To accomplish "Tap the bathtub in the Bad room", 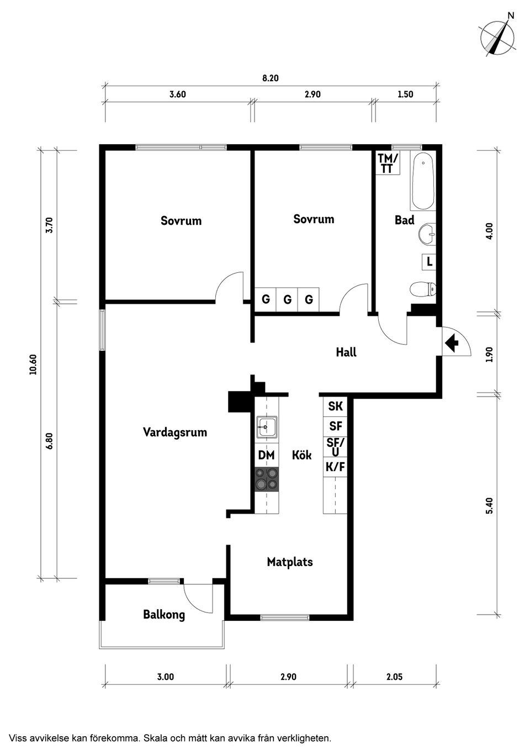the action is (x=423, y=181).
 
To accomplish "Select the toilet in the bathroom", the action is (x=423, y=289).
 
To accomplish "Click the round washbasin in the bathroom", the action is (x=427, y=233).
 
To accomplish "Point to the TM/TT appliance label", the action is (x=388, y=163).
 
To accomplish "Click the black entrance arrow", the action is (x=452, y=342).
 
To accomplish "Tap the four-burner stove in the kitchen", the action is (x=267, y=479).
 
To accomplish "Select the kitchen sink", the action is (x=267, y=427).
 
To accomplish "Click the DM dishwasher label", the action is (x=266, y=455).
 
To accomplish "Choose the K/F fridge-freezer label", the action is (x=335, y=467).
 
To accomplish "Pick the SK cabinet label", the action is (x=335, y=406).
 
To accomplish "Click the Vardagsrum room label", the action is (x=175, y=432).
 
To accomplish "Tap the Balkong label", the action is (x=164, y=614).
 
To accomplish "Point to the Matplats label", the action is (x=290, y=562).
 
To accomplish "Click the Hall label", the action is (x=346, y=352).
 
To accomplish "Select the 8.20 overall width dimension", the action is (x=271, y=78).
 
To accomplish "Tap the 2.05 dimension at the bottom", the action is (x=395, y=677).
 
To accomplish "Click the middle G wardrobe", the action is (x=288, y=299).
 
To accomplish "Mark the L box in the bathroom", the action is (x=429, y=261).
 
